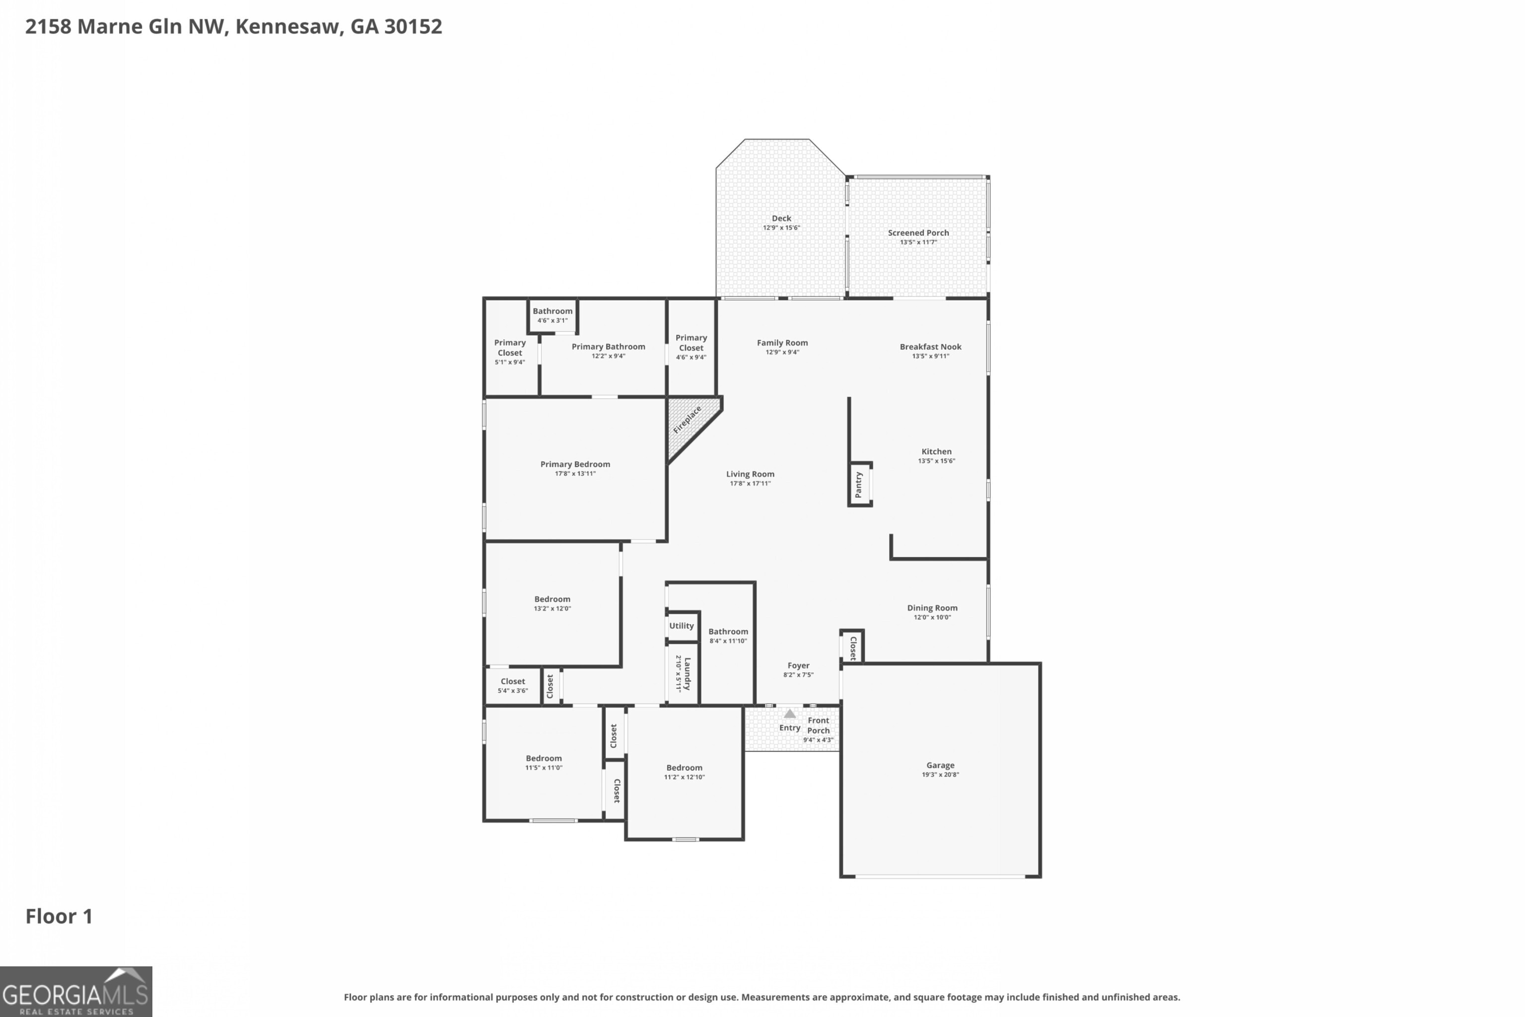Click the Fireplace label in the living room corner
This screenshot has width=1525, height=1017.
(x=687, y=420)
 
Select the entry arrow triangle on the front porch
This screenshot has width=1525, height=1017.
(x=789, y=714)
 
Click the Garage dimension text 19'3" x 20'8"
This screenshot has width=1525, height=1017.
(x=940, y=775)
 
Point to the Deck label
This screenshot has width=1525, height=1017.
(x=781, y=218)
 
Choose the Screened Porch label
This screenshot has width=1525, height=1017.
(x=918, y=233)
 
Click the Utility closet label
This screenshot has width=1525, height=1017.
(x=682, y=626)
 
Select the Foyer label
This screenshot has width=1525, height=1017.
(x=798, y=665)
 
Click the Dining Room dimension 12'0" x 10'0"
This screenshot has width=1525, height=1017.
(x=932, y=617)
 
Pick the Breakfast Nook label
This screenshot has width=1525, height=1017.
(x=930, y=347)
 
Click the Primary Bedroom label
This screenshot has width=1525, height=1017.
(x=575, y=464)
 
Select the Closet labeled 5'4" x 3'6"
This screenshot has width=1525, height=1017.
(x=512, y=685)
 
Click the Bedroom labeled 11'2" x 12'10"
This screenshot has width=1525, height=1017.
(x=684, y=772)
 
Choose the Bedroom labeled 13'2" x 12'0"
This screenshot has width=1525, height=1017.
(x=552, y=603)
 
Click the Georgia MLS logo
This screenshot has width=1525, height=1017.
(x=76, y=992)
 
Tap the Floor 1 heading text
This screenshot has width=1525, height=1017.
(x=59, y=917)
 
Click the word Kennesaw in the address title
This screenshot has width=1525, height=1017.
(x=288, y=27)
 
